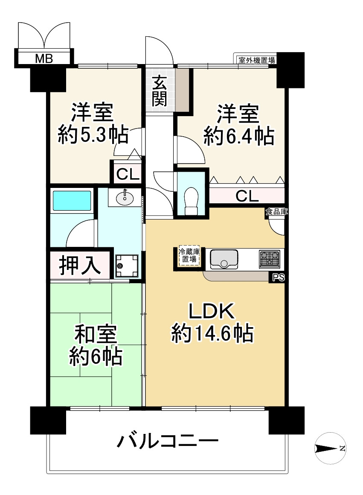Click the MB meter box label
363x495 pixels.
(x=44, y=59)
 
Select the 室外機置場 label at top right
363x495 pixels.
(x=256, y=60)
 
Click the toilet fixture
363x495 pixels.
(x=192, y=201)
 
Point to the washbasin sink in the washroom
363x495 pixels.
(x=125, y=197)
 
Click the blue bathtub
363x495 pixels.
(x=72, y=201)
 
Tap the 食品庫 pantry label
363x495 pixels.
(x=276, y=211)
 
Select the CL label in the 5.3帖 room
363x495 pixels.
(x=127, y=174)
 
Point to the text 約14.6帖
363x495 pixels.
(x=212, y=333)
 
